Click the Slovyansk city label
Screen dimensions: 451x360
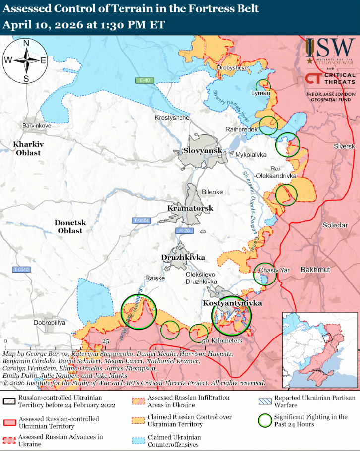(x=202, y=150)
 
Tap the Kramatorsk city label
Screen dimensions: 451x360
(x=190, y=208)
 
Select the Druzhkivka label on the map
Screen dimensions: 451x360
(x=182, y=257)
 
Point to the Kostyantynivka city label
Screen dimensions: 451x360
(x=232, y=303)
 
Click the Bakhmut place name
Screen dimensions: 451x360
(x=315, y=269)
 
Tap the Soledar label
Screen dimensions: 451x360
(x=335, y=225)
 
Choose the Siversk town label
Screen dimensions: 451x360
(x=344, y=147)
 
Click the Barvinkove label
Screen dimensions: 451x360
(x=36, y=125)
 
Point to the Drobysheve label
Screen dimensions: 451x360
(x=232, y=67)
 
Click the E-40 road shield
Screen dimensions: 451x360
(x=144, y=80)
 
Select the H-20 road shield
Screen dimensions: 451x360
(x=183, y=231)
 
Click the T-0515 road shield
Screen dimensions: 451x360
(x=21, y=269)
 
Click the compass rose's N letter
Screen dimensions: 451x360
(x=26, y=43)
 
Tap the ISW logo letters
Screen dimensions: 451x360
(x=335, y=48)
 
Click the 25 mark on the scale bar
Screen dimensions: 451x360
(x=106, y=341)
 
